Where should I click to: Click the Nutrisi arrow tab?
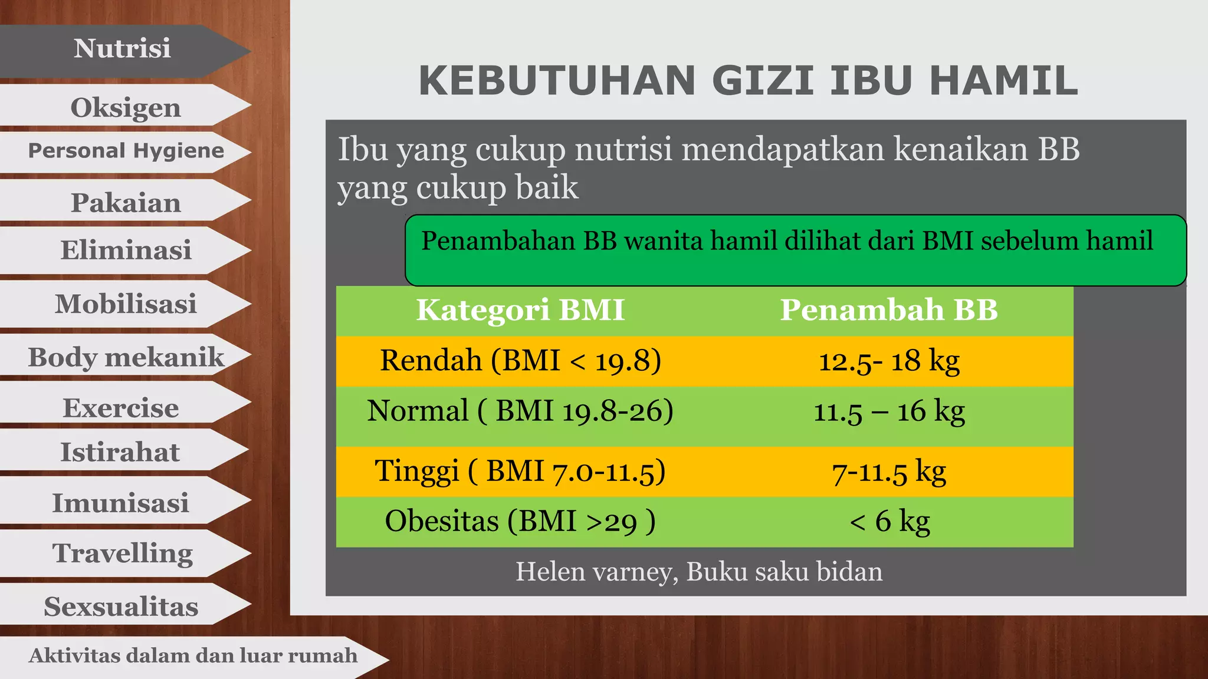click(x=122, y=49)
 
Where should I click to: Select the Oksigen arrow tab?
click(x=125, y=107)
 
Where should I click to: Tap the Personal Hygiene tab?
click(x=126, y=151)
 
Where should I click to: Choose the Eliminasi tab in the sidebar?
click(x=126, y=250)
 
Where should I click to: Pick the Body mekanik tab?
click(x=126, y=357)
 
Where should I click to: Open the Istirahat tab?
click(x=120, y=452)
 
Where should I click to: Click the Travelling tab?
click(x=123, y=553)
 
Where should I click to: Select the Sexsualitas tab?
click(x=121, y=607)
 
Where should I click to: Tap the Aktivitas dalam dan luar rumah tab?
click(x=193, y=655)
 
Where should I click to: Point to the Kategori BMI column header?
click(x=520, y=310)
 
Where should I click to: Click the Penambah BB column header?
click(x=889, y=310)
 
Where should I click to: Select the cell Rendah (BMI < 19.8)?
click(x=520, y=360)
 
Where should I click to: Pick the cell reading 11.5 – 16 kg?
click(x=889, y=411)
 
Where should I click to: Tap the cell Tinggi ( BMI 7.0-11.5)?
click(x=520, y=471)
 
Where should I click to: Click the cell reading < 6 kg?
click(x=889, y=521)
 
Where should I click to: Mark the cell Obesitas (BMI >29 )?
click(x=520, y=521)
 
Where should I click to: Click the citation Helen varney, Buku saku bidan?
click(x=699, y=572)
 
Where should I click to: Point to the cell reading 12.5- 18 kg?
click(x=889, y=360)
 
